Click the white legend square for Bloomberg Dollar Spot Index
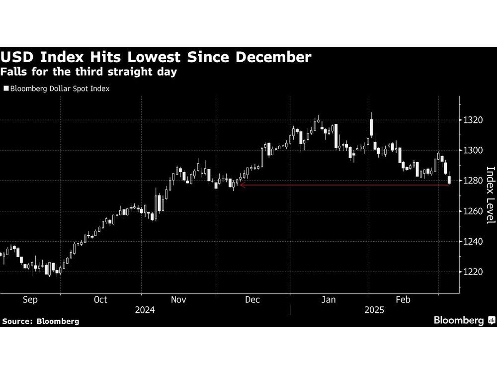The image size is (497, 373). coord(5,89)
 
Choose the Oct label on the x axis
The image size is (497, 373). coord(100,299)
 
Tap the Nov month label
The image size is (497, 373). coord(177,299)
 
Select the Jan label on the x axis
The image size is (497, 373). coord(329,299)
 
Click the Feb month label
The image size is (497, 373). coord(403,299)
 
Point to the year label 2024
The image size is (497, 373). coord(145,309)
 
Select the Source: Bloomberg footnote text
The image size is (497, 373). coord(40,321)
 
